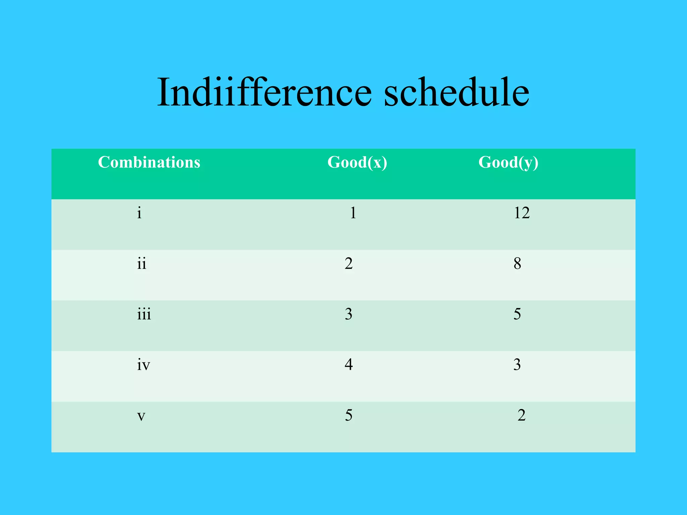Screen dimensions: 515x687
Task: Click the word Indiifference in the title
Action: (x=264, y=92)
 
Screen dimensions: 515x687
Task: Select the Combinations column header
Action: (x=149, y=162)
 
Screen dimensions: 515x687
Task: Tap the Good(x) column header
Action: (x=357, y=163)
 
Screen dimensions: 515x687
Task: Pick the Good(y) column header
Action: (x=508, y=163)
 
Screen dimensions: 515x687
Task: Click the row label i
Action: (x=139, y=213)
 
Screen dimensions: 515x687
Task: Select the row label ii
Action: (x=142, y=264)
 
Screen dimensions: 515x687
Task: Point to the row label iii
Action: (x=144, y=314)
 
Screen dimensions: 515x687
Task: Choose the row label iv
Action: (x=143, y=365)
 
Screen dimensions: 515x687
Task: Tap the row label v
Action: (x=141, y=416)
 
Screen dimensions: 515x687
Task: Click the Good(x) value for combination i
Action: (x=353, y=213)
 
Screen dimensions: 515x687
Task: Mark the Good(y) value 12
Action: (x=522, y=213)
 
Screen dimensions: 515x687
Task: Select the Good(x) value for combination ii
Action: (x=349, y=264)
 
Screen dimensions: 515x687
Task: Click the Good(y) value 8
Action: (x=517, y=264)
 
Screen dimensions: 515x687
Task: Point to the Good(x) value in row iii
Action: (x=349, y=314)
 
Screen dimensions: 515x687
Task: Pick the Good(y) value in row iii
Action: (x=517, y=314)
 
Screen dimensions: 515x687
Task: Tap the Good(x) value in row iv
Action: (x=349, y=365)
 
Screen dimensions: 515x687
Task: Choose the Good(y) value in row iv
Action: (x=517, y=365)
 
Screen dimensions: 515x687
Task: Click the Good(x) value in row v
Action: (x=349, y=415)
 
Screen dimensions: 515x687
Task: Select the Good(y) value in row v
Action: (x=521, y=415)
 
